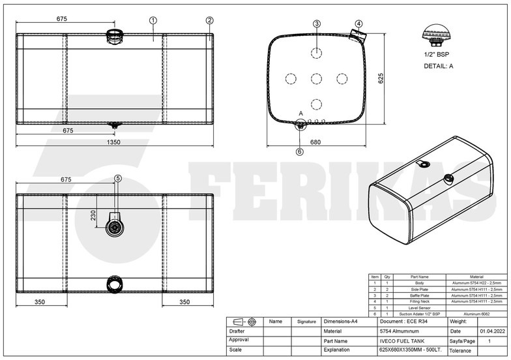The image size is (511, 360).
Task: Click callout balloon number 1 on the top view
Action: [x=152, y=20]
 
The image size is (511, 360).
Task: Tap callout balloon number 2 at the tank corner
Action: [x=209, y=20]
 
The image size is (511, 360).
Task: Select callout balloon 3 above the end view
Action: [x=317, y=24]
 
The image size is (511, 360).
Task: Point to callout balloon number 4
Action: [x=358, y=24]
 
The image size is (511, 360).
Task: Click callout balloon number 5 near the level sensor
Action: [x=118, y=178]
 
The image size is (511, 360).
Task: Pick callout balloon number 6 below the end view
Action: [x=300, y=152]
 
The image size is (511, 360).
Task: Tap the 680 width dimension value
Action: [x=315, y=142]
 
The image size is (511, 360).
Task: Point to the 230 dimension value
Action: [x=93, y=215]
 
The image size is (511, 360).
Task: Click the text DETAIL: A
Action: [x=438, y=66]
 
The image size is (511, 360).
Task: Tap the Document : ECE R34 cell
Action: [x=403, y=322]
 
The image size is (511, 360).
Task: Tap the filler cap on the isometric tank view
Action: [x=448, y=178]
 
